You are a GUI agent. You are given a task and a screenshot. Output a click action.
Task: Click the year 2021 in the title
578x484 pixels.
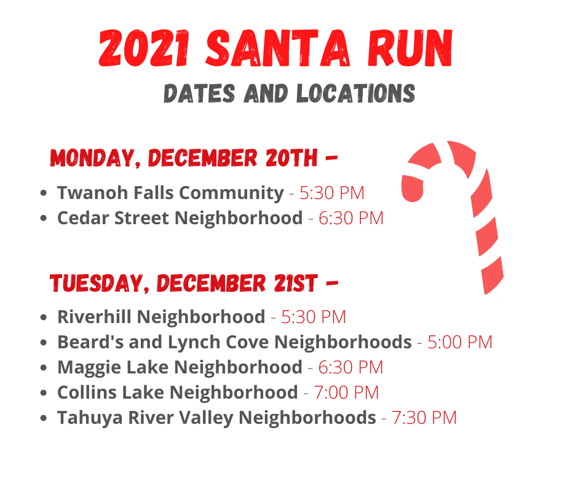tap(144, 49)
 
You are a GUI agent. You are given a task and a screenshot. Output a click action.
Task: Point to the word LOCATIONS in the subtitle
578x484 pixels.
tap(356, 93)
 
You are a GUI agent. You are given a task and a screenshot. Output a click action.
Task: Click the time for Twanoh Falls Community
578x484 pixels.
tap(332, 193)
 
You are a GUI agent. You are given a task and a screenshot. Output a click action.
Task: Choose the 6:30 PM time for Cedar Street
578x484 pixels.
tap(351, 218)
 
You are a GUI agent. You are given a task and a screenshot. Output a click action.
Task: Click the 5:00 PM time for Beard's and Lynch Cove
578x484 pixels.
tap(460, 342)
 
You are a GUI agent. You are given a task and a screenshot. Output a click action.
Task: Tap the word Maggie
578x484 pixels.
tap(89, 368)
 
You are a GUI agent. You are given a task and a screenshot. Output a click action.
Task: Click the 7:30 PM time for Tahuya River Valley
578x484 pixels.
tap(424, 418)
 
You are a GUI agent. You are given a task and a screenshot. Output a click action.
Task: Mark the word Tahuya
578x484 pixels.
tap(90, 418)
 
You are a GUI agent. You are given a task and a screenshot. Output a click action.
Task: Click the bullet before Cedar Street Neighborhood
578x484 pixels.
tap(44, 218)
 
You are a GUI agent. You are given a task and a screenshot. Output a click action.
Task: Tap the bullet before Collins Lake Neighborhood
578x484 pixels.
tap(44, 392)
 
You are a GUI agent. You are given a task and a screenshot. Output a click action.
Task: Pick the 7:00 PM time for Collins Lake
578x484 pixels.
tap(346, 392)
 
